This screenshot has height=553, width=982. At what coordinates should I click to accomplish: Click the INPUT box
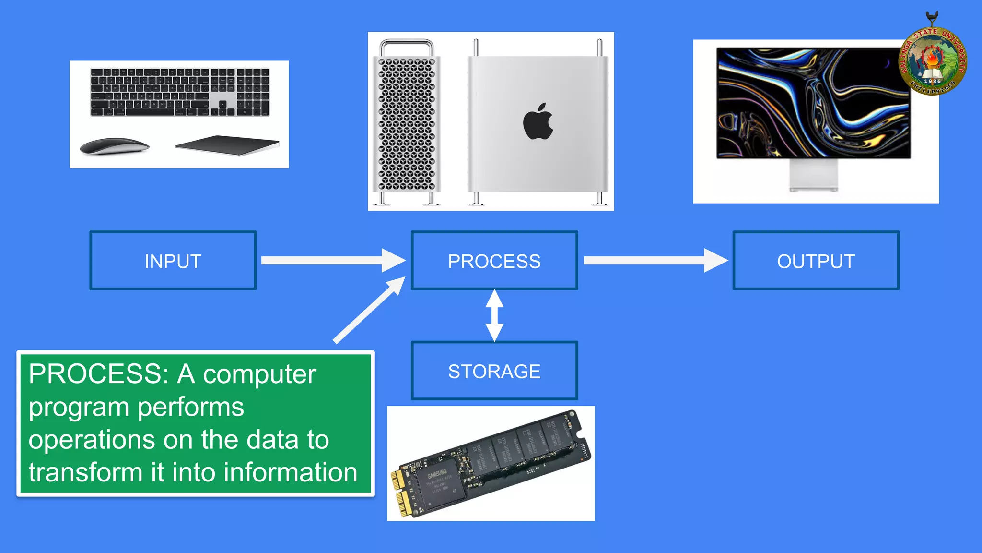[x=173, y=261]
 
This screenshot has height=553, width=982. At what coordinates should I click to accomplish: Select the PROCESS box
[x=494, y=261]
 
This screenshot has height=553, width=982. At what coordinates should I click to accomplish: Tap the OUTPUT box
[x=816, y=261]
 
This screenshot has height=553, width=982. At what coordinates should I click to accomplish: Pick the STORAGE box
[x=494, y=371]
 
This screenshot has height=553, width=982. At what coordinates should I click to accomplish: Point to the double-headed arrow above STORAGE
[x=494, y=315]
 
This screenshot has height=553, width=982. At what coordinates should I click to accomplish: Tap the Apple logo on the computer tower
[x=538, y=122]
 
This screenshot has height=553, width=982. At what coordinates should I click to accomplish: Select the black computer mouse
[x=114, y=146]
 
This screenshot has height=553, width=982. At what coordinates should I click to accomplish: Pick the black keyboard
[x=179, y=92]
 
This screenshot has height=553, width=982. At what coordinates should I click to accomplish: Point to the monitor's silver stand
[x=813, y=175]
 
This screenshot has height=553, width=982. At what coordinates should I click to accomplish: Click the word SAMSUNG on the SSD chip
[x=437, y=474]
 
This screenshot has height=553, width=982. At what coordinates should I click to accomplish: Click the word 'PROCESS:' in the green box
[x=98, y=374]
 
